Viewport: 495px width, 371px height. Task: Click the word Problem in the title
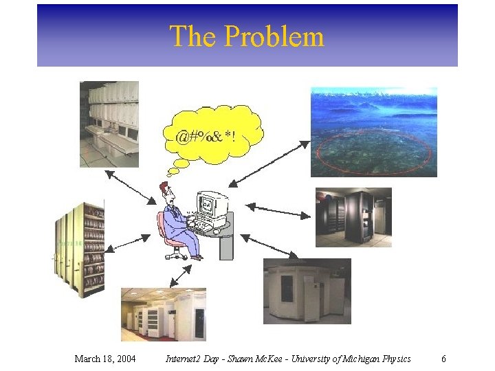[x=283, y=36]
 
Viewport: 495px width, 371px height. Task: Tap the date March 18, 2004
[x=104, y=359]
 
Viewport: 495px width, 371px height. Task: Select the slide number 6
[x=443, y=359]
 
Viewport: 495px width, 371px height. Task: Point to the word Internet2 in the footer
[x=186, y=359]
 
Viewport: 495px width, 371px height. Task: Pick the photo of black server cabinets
[x=353, y=217]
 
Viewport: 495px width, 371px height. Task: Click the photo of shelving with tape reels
[x=80, y=249]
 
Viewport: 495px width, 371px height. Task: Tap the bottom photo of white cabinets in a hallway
[x=163, y=315]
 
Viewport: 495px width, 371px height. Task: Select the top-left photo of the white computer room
[x=109, y=124]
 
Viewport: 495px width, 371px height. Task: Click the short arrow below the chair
[x=181, y=275]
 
